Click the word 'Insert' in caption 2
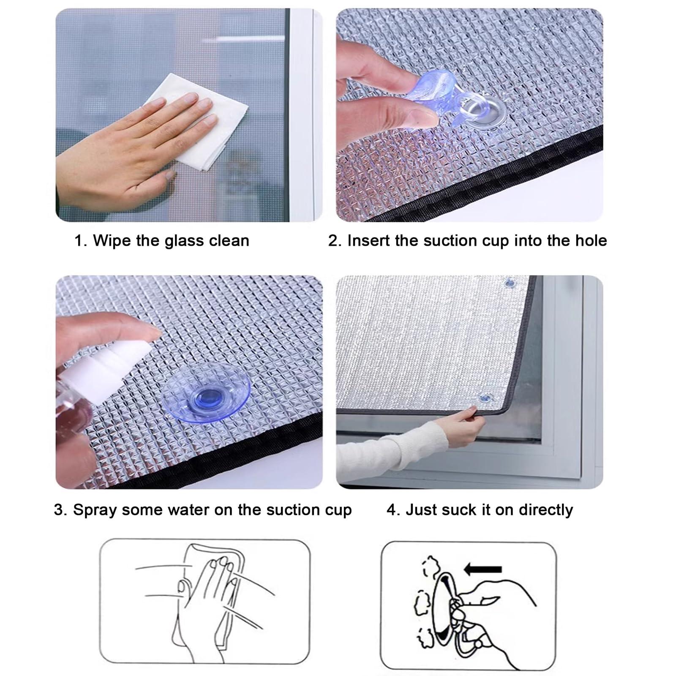click(369, 241)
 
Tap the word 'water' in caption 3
click(188, 510)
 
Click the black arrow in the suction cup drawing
click(482, 570)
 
